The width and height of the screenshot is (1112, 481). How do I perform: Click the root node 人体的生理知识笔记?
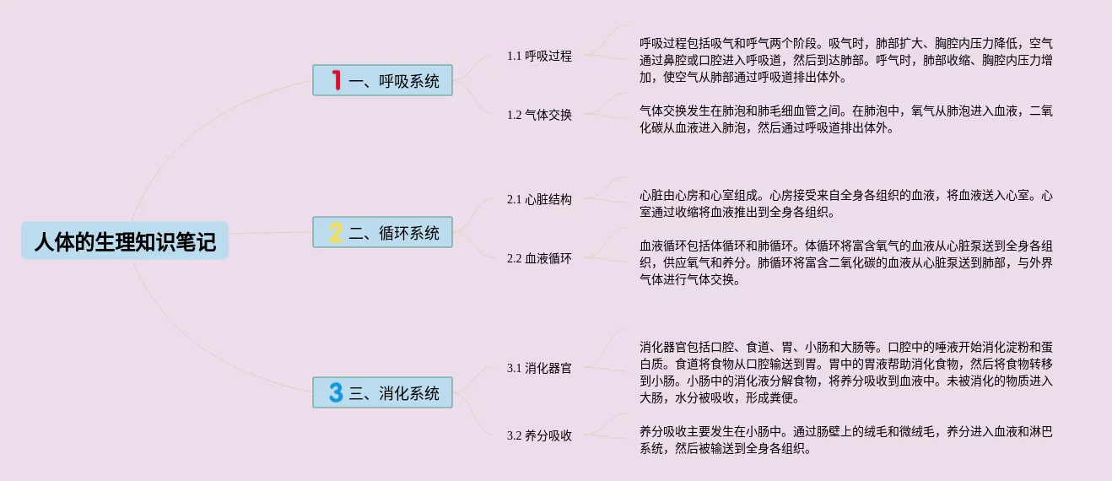click(x=125, y=242)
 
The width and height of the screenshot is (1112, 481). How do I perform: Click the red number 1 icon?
click(x=336, y=81)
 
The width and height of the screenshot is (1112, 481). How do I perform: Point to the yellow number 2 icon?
click(x=336, y=233)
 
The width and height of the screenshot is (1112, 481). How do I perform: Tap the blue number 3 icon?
click(x=336, y=392)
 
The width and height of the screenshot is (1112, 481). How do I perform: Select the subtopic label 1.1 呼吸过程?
click(x=539, y=57)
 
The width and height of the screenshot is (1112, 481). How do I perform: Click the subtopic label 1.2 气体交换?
click(x=539, y=115)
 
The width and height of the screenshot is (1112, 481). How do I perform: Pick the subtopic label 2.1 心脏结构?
click(x=539, y=200)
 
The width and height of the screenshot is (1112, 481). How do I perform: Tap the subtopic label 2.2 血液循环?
click(x=539, y=259)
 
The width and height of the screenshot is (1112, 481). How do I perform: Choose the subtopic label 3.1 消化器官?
click(x=539, y=369)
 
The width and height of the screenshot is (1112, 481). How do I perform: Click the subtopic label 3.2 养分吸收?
click(x=539, y=436)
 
